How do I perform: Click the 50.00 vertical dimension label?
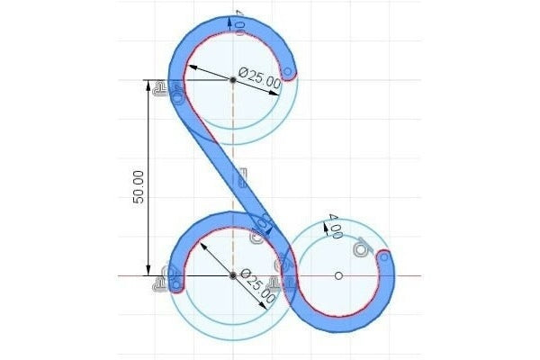pos(139,186)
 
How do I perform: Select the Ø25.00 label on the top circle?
pos(259,78)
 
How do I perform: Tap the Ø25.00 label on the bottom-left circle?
pos(258,286)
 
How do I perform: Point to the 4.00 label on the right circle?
pos(335,226)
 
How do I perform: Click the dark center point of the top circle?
pos(233,80)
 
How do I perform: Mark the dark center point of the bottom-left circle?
pos(233,275)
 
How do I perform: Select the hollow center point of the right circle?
pos(338,275)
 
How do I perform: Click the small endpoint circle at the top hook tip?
pos(288,72)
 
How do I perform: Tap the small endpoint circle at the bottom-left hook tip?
pos(176,285)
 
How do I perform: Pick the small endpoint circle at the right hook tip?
pos(384,257)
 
